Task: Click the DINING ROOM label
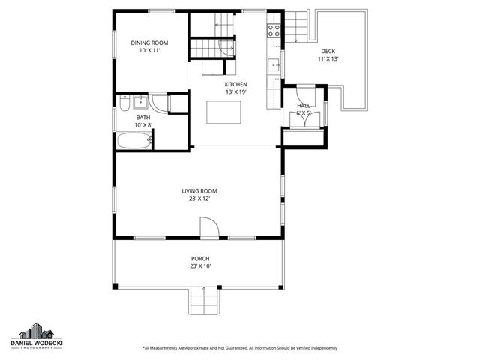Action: coord(149,43)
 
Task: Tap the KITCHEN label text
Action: coord(235,85)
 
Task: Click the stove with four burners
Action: coord(274,31)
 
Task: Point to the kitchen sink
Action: coord(275,64)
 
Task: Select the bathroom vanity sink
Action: coord(140,101)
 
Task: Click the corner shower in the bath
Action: coord(159,103)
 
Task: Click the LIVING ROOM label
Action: coord(199,191)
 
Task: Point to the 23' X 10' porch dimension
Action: coord(200,266)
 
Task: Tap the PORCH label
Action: coord(200,259)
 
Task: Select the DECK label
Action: coord(328,51)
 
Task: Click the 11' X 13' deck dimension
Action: coord(328,58)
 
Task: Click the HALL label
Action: coord(304,106)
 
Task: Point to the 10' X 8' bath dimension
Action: coord(142,125)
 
